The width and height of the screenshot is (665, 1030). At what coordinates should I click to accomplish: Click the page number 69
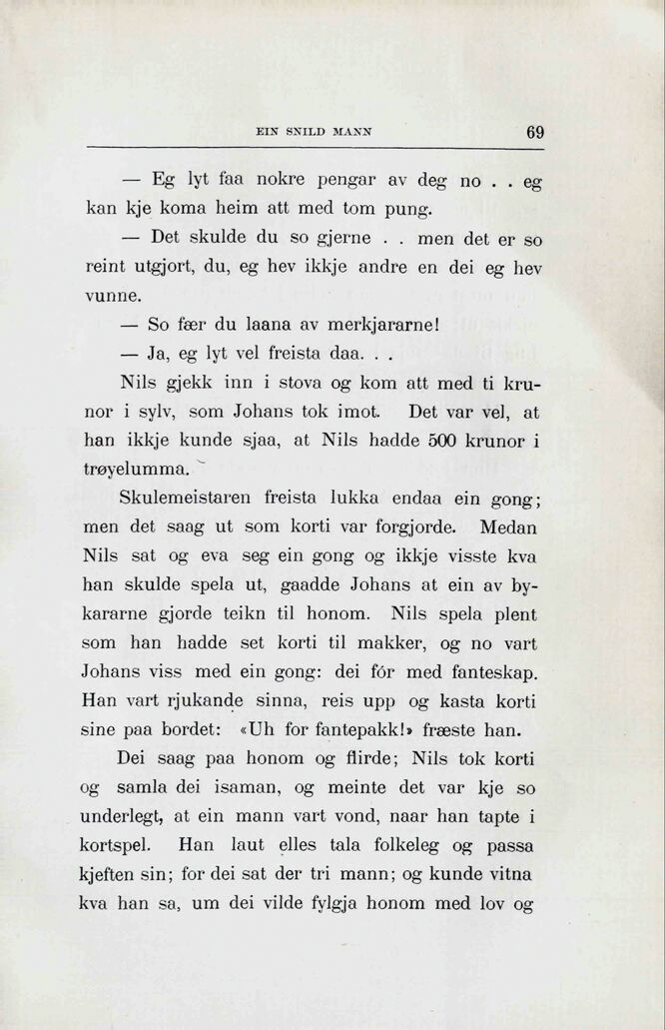click(534, 132)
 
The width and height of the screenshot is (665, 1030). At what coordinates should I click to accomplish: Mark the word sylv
click(160, 412)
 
